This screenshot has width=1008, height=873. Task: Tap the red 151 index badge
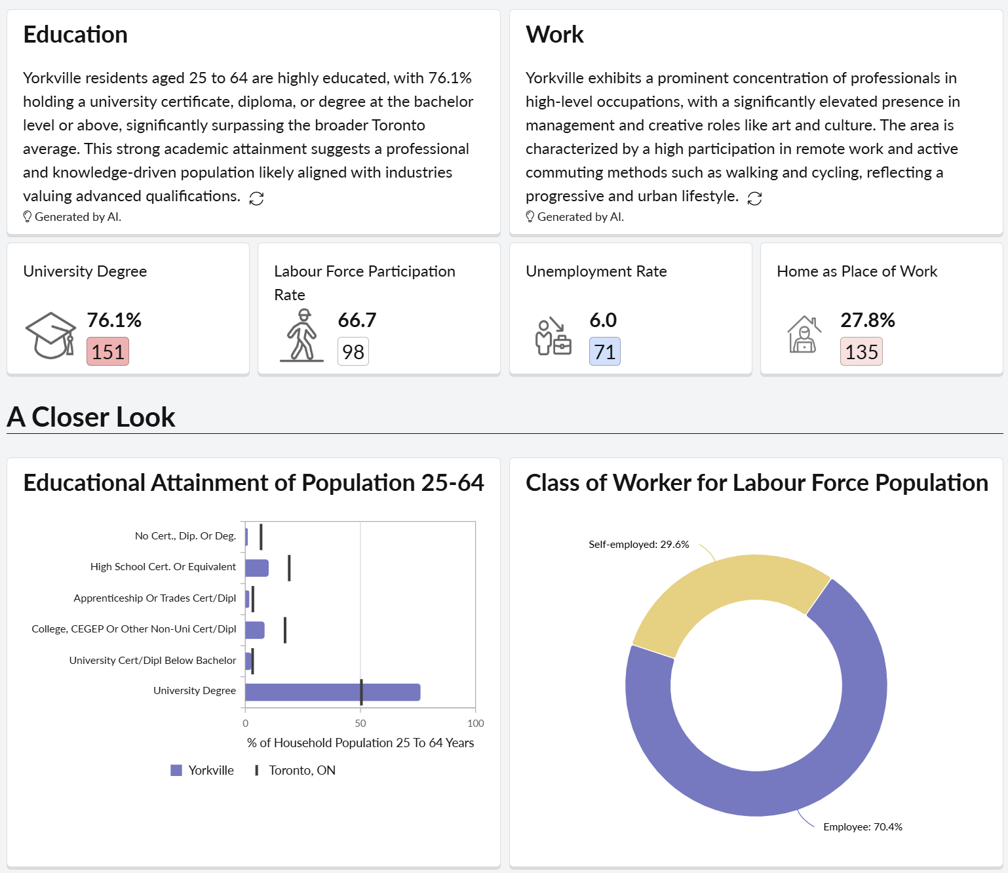pos(107,352)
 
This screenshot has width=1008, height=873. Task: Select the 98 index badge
pos(353,352)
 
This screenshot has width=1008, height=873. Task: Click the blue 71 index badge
pos(604,352)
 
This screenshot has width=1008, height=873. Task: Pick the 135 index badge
pos(861,352)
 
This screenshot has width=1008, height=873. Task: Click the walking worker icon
pos(301,335)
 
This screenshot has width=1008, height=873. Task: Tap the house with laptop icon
pos(804,335)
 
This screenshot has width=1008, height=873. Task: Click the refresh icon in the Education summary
pos(256,199)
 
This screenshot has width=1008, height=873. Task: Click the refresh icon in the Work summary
pos(754,199)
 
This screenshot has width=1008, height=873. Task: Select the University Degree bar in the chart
pos(332,692)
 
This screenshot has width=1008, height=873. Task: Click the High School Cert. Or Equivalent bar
pos(256,568)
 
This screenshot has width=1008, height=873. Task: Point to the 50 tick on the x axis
pos(360,723)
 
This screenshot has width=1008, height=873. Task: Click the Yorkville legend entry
pos(202,770)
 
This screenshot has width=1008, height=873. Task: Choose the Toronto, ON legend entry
pos(295,770)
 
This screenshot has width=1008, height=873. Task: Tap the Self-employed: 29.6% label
pos(638,545)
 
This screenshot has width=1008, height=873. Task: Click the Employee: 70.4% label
pos(863,827)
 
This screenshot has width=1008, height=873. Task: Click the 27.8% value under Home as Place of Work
pos(867,320)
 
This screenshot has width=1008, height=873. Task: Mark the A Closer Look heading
pos(91,417)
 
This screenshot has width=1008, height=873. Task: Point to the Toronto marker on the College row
pos(284,630)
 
